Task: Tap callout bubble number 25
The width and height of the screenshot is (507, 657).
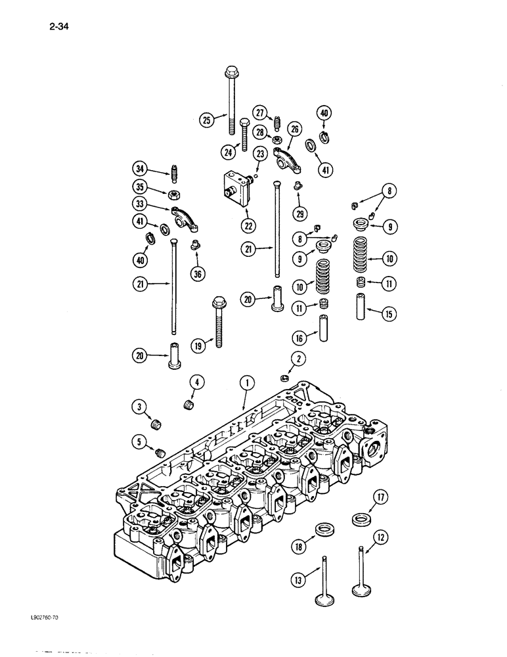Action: [190, 120]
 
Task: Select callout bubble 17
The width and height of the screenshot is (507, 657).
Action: [380, 497]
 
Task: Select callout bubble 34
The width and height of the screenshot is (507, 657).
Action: [138, 169]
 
